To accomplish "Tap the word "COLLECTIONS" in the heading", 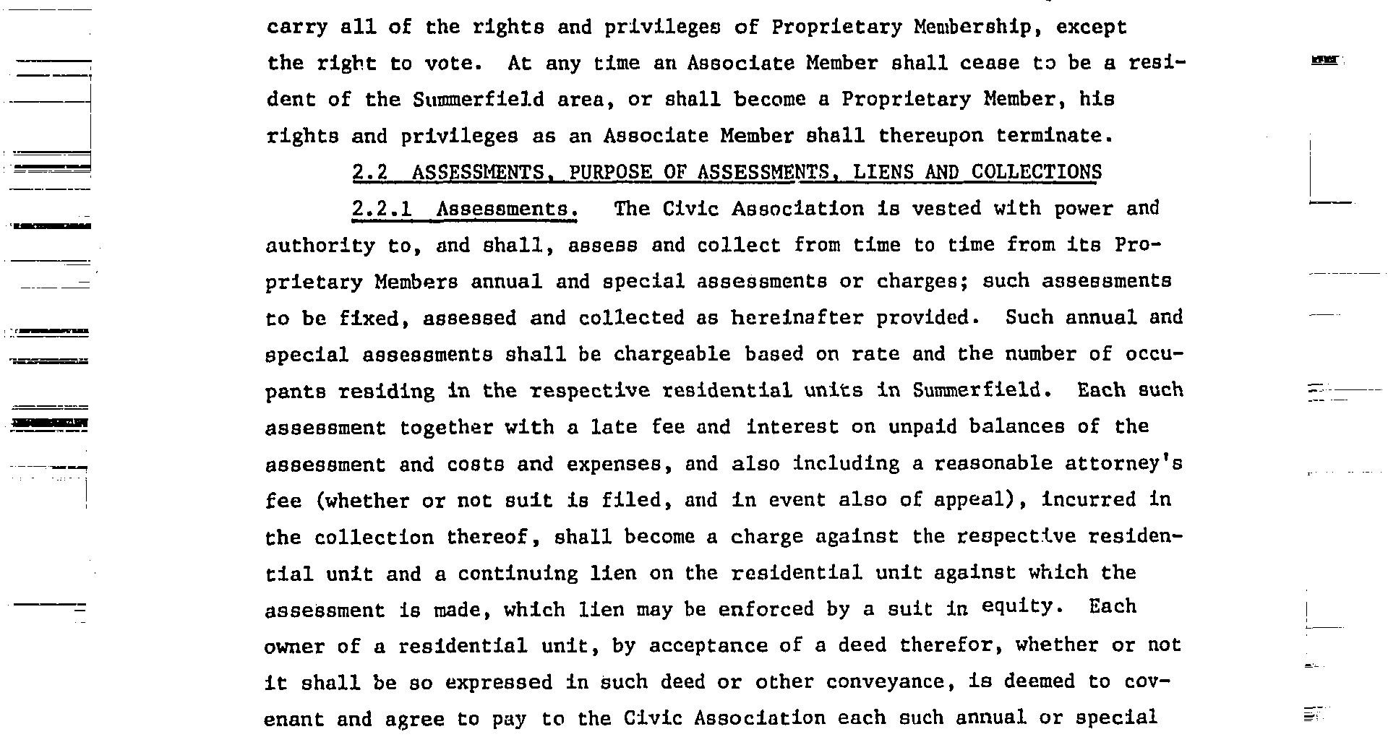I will click(x=1036, y=173).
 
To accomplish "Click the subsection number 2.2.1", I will click(x=382, y=210).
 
